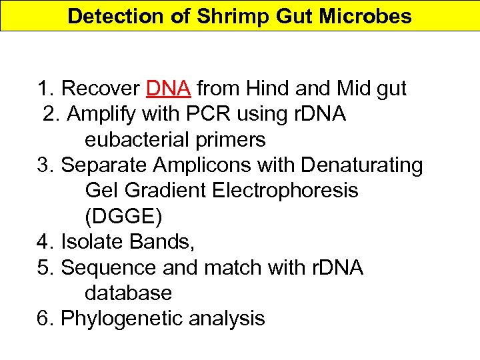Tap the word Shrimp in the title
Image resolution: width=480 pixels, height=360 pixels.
click(225, 16)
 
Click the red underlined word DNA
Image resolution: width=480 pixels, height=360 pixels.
click(169, 89)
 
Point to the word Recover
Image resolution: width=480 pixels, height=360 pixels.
click(100, 89)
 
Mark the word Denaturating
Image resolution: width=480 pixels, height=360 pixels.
click(357, 165)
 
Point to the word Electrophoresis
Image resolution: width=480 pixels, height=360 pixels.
click(285, 191)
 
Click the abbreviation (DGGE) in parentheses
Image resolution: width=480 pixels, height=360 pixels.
click(123, 217)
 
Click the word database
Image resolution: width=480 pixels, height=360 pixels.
click(129, 293)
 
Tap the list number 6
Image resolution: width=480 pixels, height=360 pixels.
click(45, 319)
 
